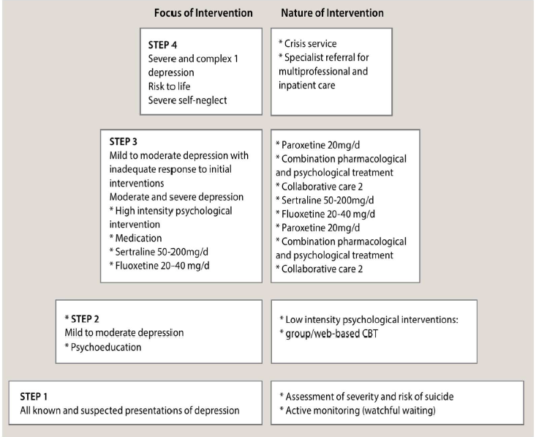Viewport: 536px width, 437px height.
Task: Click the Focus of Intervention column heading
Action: [203, 13]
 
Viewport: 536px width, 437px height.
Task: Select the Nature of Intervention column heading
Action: [333, 13]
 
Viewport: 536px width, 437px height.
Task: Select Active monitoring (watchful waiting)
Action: [358, 410]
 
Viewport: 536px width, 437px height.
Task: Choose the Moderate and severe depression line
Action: [173, 197]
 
